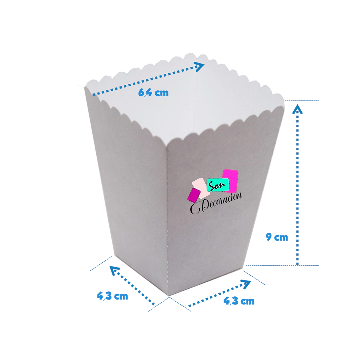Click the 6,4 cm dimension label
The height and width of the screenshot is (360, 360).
(153, 93)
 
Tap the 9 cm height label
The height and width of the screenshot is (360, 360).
(277, 238)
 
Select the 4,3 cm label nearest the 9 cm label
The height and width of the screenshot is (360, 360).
(239, 301)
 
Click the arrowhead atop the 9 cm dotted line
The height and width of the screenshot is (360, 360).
(298, 109)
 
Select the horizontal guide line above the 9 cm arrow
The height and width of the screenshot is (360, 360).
(302, 100)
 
